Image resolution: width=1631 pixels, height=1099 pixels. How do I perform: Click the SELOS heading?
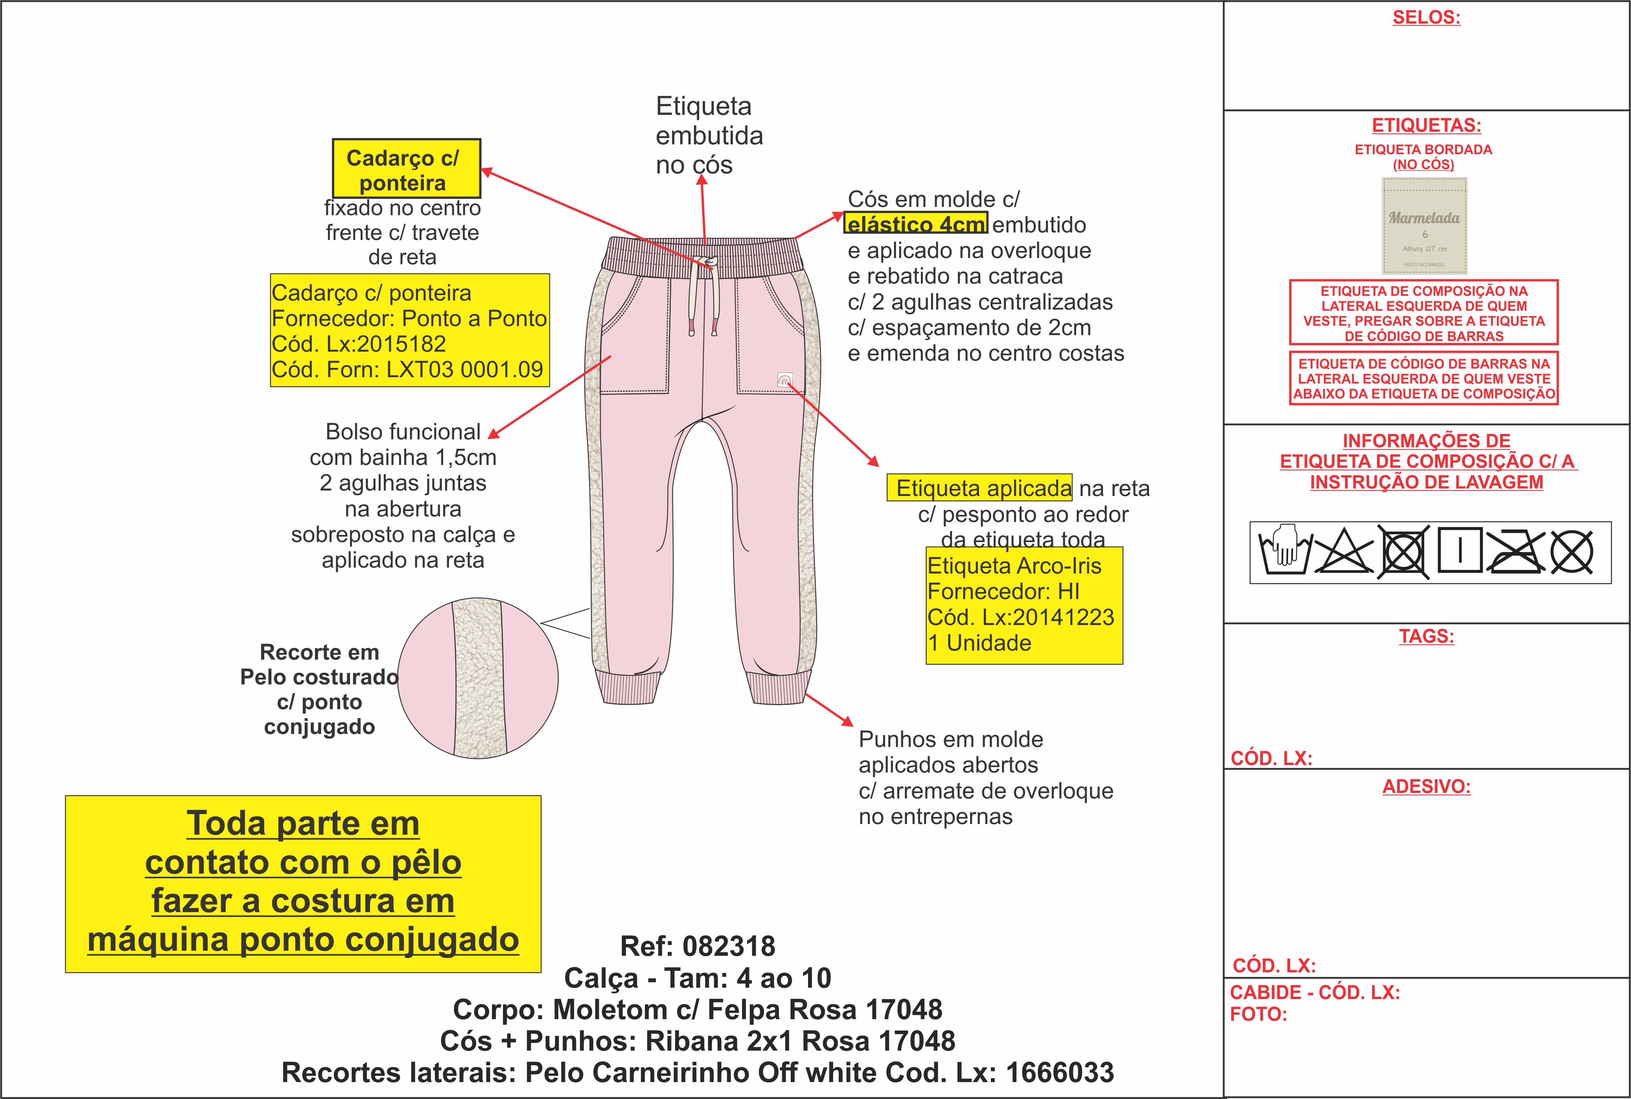1426,18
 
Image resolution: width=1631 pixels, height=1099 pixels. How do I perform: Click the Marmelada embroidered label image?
1424,226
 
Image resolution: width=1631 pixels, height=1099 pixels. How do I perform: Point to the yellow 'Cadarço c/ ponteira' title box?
406,169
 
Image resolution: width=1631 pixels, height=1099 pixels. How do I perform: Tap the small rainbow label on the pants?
785,380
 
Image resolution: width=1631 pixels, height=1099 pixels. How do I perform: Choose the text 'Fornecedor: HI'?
1003,592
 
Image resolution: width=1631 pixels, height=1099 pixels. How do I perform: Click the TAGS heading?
1426,636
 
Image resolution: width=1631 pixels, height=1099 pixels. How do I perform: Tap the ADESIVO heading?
1426,786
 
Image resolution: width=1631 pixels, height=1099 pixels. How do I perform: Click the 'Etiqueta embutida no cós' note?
708,135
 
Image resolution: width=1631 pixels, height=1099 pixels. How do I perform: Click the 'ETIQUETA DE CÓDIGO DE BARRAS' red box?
1424,378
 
